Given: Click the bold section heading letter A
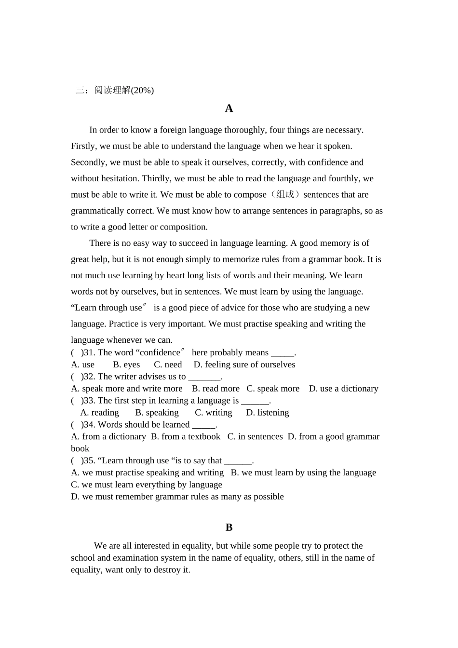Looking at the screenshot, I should [x=229, y=108].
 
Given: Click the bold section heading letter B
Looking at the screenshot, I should [x=229, y=527].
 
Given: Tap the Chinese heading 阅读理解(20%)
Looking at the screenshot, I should [x=124, y=90].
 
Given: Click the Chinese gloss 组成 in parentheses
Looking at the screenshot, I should [x=285, y=194].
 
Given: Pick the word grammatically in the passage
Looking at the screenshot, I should [x=97, y=211].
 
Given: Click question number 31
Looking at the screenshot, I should [x=89, y=352].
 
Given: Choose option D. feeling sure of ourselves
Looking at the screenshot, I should [x=244, y=364].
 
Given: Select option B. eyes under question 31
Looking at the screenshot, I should [x=126, y=364].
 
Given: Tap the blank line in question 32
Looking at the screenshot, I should [x=204, y=377].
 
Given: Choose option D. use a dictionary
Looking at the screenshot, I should [x=343, y=389].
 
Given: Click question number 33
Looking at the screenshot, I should [x=89, y=401].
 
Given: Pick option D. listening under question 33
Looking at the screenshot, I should [x=268, y=413].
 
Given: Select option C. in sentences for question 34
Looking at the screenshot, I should [x=255, y=436].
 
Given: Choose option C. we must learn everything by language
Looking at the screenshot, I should [x=147, y=485].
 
